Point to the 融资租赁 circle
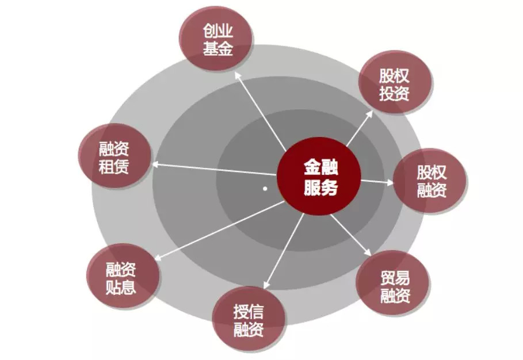[113, 158]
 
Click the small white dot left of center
[265, 188]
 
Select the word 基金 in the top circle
[217, 49]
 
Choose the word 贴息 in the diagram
[121, 286]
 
